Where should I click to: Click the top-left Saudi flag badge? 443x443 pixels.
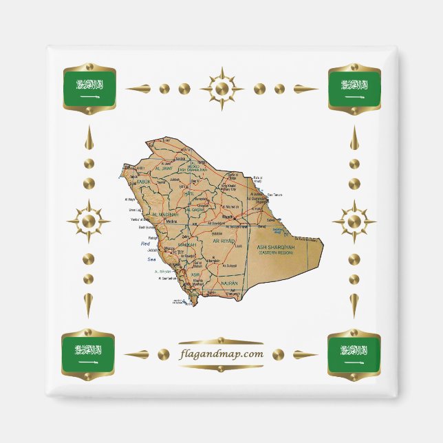click(89, 89)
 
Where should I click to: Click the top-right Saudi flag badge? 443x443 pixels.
click(354, 89)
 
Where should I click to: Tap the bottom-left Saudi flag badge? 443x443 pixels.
click(89, 354)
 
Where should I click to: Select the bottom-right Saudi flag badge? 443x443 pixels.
click(354, 354)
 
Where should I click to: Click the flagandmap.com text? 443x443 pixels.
click(221, 354)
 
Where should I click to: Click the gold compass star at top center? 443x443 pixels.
click(221, 89)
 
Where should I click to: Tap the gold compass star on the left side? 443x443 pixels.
click(89, 221)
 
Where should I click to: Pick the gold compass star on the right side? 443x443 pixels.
click(354, 221)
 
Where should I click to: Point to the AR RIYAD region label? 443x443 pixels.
click(224, 242)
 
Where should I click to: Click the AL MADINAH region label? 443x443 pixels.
click(164, 215)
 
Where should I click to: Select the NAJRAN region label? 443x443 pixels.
click(229, 283)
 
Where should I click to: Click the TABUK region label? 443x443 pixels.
click(142, 182)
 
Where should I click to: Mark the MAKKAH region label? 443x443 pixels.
click(186, 244)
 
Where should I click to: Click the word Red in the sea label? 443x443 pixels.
click(145, 244)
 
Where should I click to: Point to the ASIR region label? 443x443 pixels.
click(195, 274)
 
